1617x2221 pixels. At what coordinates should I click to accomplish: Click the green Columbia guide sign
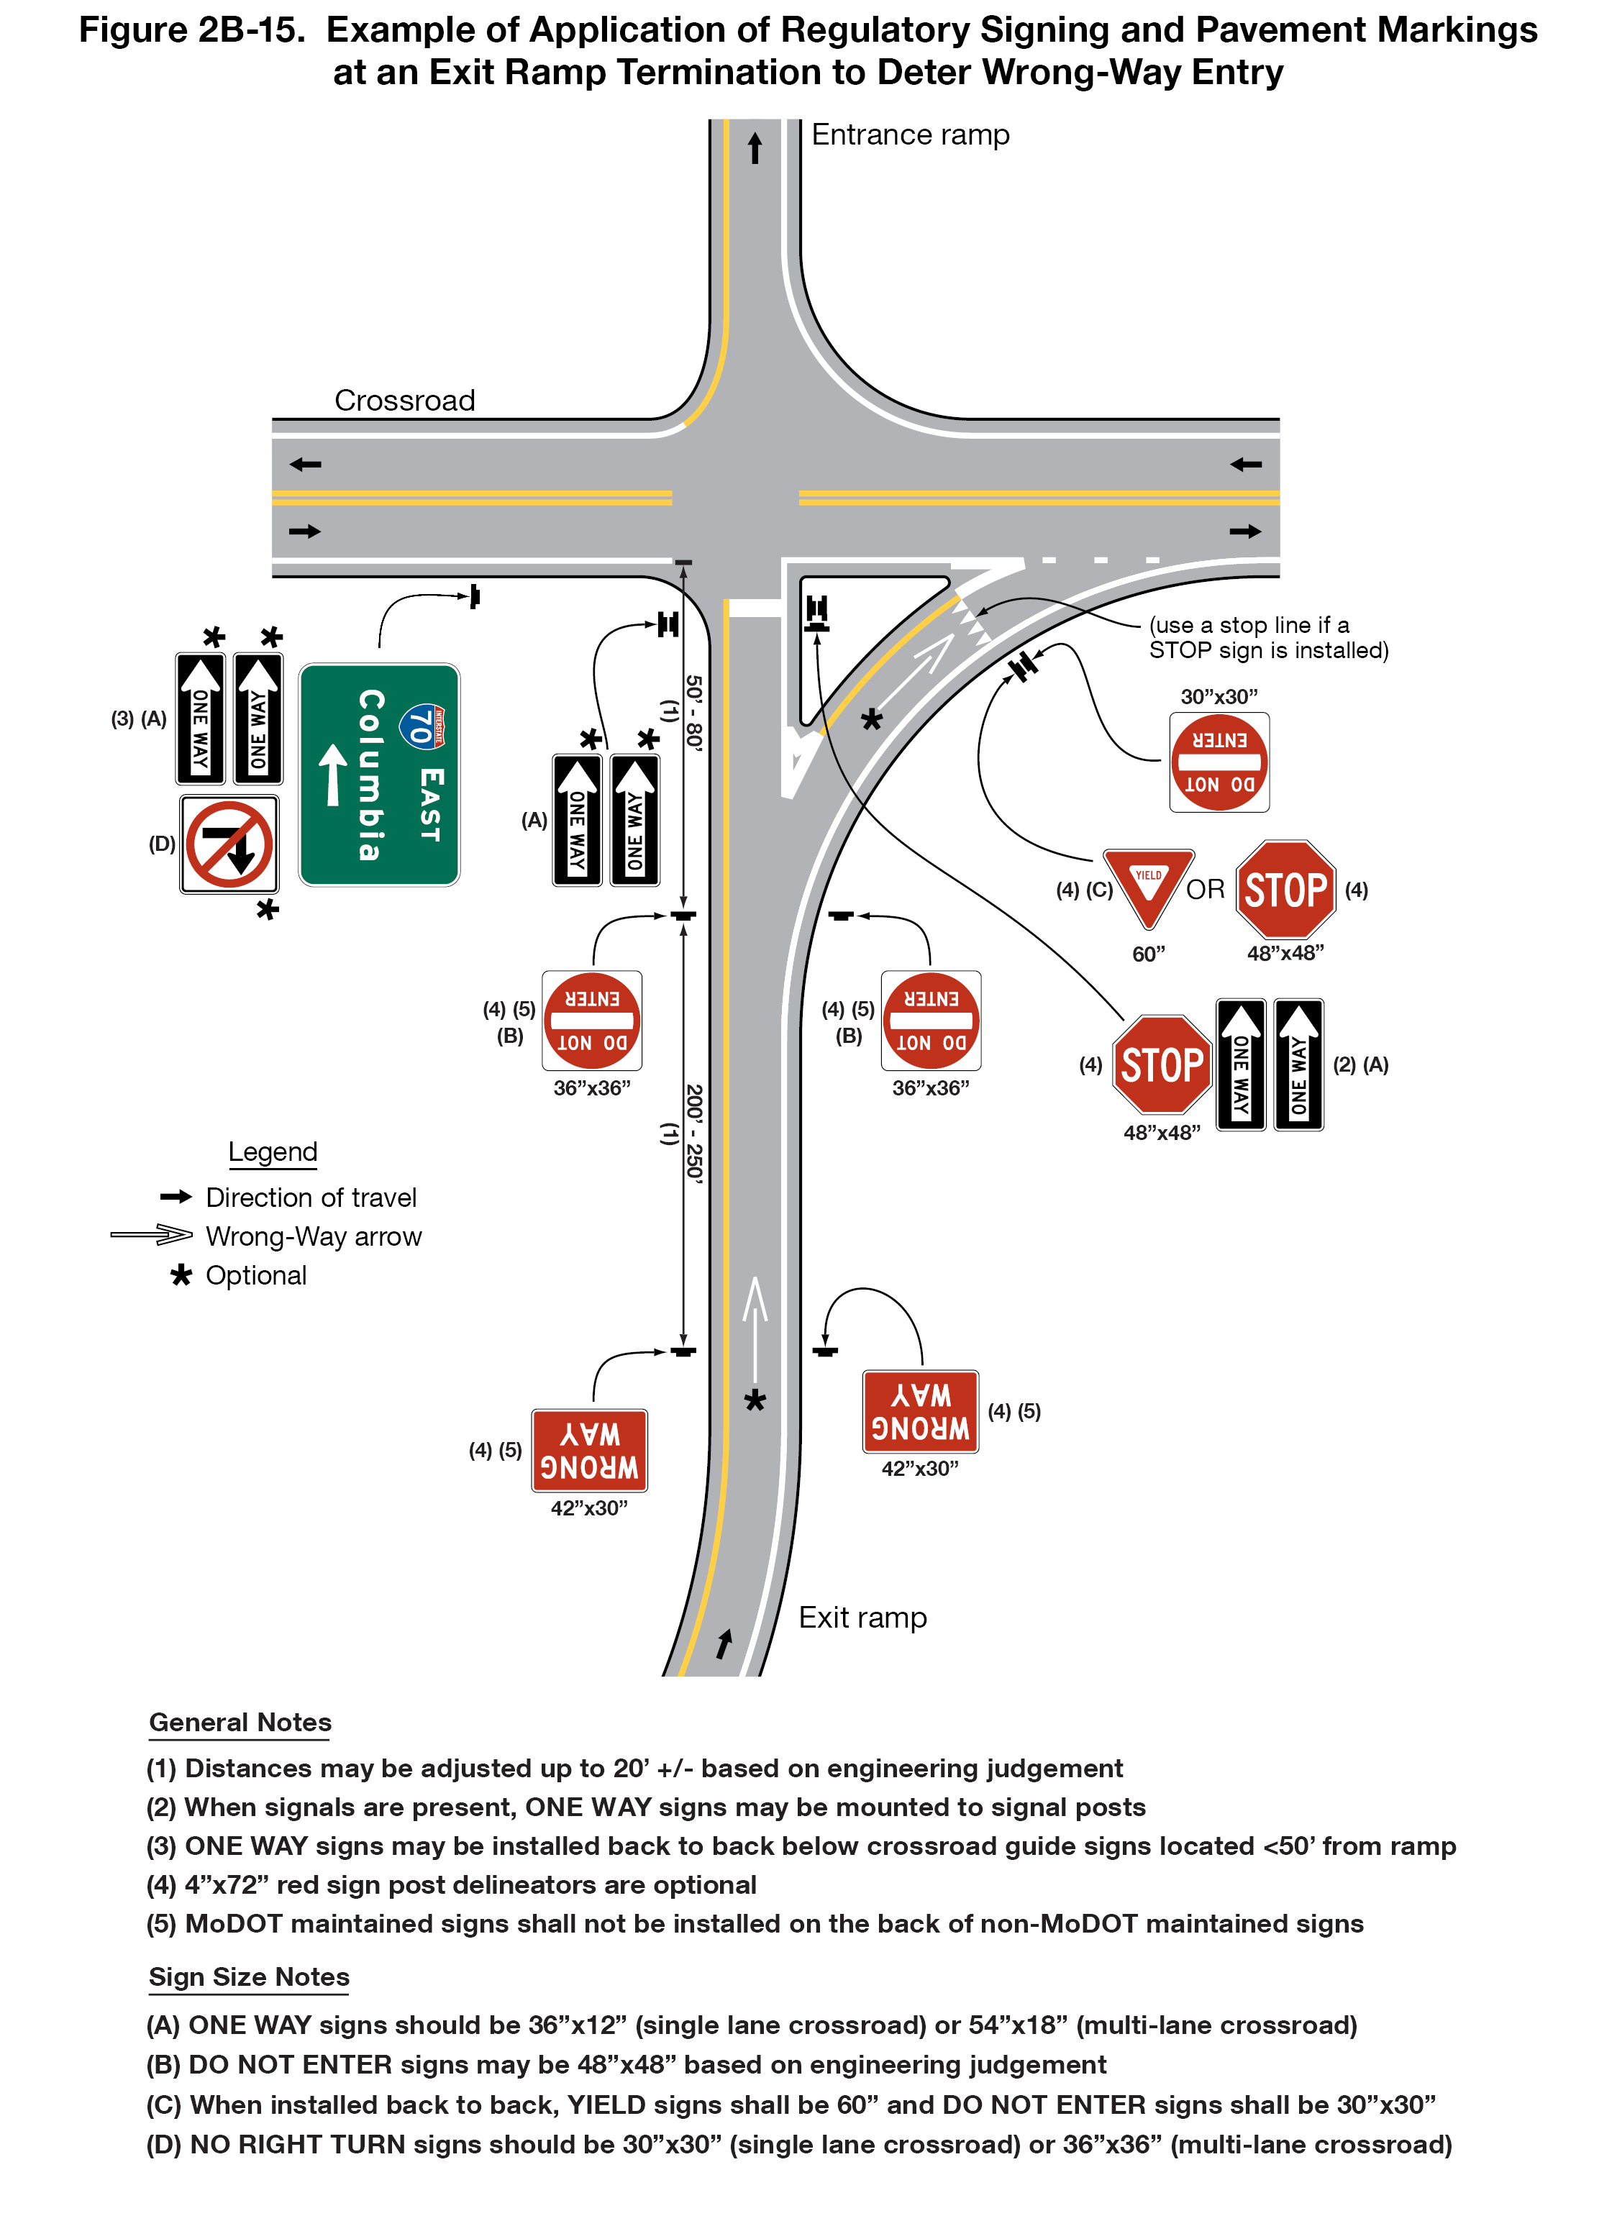(379, 775)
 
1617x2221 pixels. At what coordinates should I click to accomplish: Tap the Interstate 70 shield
(423, 726)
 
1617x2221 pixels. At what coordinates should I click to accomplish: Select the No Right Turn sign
(229, 843)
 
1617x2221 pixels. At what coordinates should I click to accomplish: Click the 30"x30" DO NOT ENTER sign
(1219, 762)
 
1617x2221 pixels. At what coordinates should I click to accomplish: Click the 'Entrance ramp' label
(910, 135)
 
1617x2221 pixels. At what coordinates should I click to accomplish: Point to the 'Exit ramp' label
(862, 1618)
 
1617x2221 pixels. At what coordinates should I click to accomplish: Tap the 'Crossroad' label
(404, 401)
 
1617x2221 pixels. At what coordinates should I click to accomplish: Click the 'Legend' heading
(273, 1151)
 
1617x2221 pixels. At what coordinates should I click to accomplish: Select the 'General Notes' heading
(240, 1723)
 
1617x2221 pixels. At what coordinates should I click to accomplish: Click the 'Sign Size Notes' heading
(249, 1977)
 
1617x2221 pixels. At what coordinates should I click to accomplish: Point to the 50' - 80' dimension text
(693, 712)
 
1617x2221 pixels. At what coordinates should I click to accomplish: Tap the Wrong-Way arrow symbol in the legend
(152, 1235)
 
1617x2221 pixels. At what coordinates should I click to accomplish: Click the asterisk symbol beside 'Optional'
(181, 1275)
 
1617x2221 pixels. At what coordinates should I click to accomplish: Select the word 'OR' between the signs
(1205, 889)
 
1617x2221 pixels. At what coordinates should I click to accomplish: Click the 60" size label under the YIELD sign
(1148, 954)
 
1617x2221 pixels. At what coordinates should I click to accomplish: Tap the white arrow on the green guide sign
(333, 775)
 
